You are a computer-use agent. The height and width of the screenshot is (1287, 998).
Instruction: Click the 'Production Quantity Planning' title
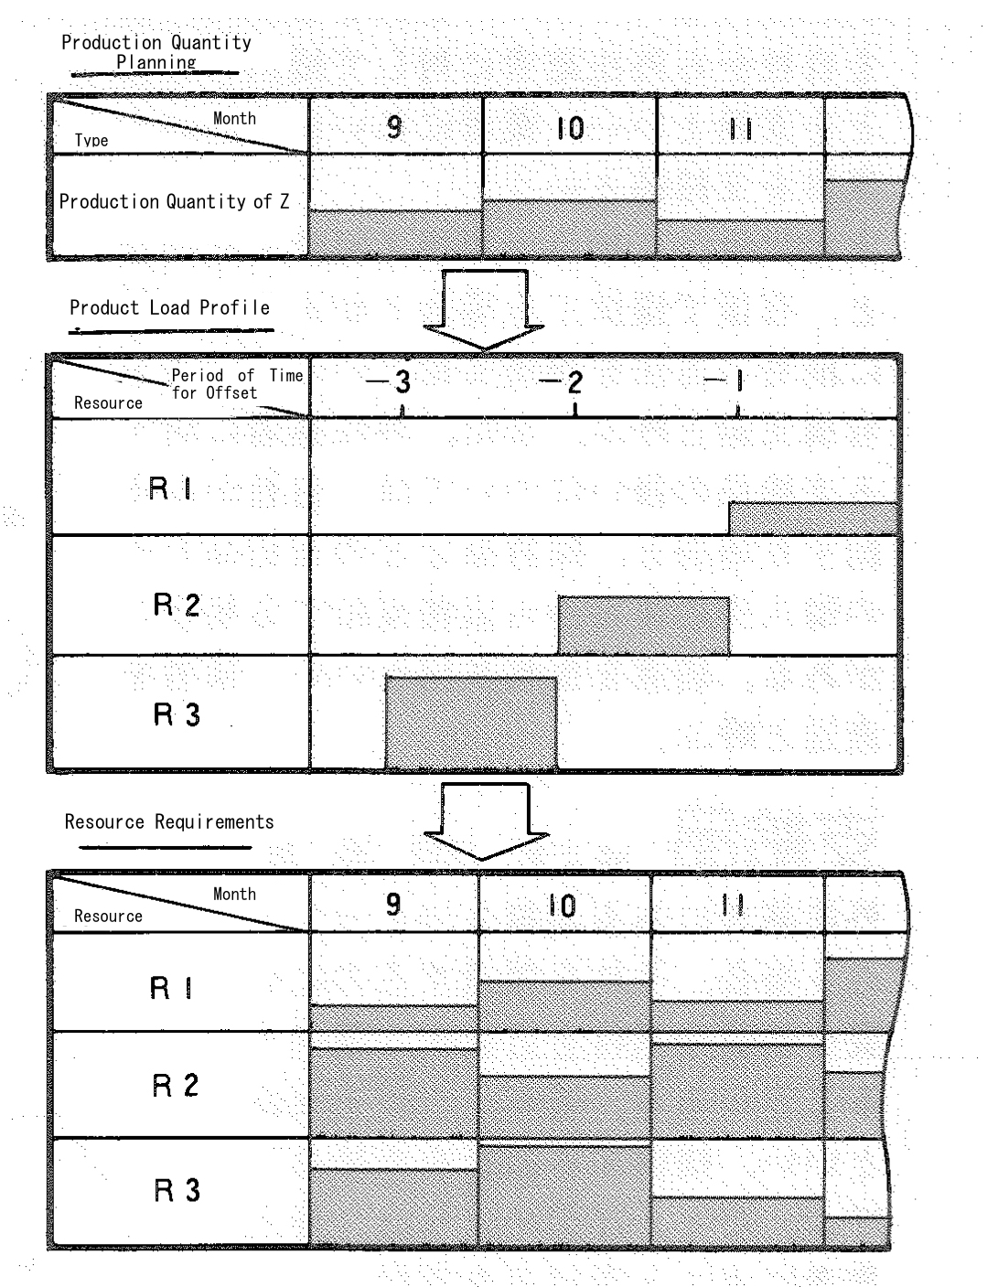156,51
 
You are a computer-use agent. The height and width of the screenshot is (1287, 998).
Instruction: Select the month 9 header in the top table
394,127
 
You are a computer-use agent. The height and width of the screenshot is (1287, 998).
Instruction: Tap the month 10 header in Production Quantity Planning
571,128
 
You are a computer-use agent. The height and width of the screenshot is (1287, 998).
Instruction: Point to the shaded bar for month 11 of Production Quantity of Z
740,238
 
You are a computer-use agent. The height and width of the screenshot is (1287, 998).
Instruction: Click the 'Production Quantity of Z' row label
174,202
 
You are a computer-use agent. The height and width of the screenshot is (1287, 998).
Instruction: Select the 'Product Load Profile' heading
169,307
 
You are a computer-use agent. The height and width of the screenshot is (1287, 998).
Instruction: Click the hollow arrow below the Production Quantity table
484,309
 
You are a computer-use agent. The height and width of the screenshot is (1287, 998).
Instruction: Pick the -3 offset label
389,382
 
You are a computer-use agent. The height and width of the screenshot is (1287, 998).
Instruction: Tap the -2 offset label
561,382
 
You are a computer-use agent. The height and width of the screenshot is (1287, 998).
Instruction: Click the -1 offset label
724,381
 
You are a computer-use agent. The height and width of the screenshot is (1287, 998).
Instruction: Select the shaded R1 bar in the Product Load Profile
812,519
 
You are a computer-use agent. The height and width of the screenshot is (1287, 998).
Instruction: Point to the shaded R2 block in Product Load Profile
644,626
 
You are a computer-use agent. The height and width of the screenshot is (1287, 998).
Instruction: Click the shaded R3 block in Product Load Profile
471,724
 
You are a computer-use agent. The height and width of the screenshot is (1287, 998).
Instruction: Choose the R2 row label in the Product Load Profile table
177,605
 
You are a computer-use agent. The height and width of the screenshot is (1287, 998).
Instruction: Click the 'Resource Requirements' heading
169,821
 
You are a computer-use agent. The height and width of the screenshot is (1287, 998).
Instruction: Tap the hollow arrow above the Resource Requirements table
486,822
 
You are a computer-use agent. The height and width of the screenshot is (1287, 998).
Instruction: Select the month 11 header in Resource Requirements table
733,906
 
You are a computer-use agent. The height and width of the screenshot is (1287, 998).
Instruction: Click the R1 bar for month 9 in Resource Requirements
394,1018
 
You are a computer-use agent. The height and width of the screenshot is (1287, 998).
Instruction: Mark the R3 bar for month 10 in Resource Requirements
564,1196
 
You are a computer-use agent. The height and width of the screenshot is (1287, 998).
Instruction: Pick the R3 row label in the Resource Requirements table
177,1190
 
